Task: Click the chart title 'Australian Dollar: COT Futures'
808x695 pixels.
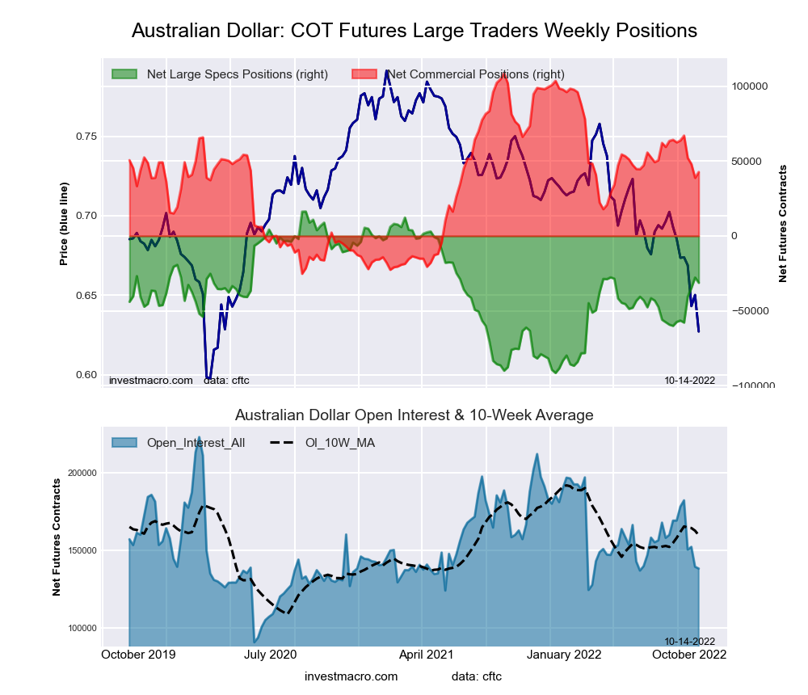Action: pyautogui.click(x=414, y=31)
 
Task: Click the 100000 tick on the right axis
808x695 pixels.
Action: pyautogui.click(x=749, y=86)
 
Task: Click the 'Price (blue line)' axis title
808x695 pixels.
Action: pyautogui.click(x=64, y=224)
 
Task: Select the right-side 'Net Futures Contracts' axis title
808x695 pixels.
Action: pyautogui.click(x=783, y=224)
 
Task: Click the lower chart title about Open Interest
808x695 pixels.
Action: pyautogui.click(x=414, y=415)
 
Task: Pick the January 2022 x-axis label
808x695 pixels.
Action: pyautogui.click(x=576, y=654)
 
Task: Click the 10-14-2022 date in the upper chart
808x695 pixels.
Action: pyautogui.click(x=689, y=380)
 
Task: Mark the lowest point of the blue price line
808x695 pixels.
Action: pyautogui.click(x=208, y=377)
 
